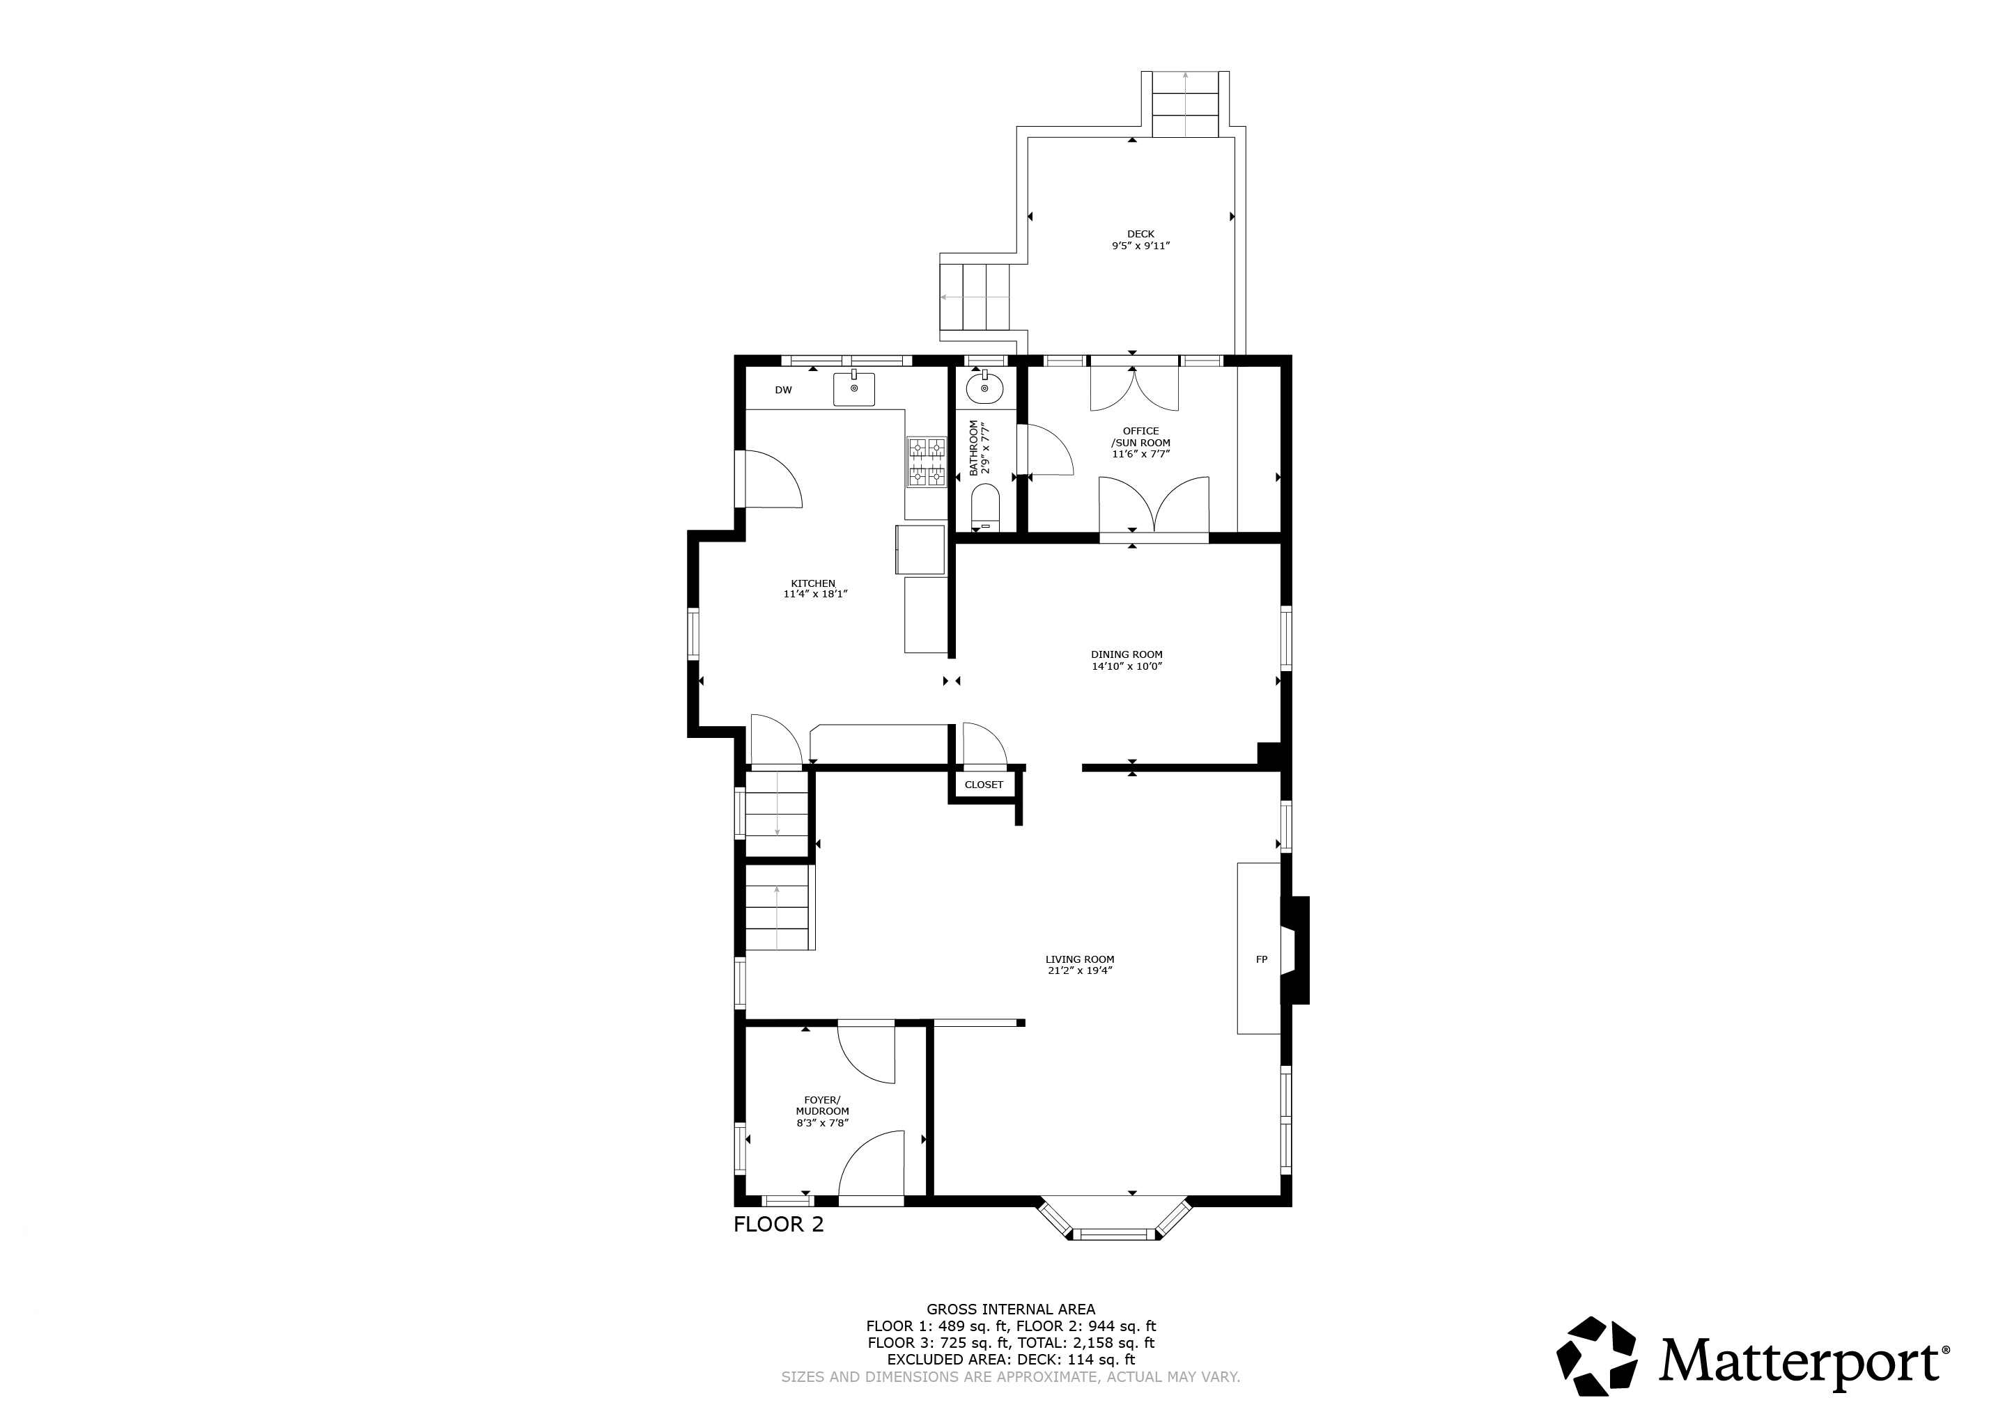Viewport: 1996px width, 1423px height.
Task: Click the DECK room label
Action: pos(1140,234)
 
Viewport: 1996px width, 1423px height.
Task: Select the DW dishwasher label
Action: pos(783,390)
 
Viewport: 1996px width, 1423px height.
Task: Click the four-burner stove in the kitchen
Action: pos(927,462)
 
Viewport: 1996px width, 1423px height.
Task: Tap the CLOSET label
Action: pos(984,784)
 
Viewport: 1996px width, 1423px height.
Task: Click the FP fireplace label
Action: pos(1262,959)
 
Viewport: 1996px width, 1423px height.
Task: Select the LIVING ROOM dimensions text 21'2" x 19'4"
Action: pos(1080,971)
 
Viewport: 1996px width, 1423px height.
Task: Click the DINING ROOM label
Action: pos(1127,654)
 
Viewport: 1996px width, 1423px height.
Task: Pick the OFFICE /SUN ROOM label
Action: pos(1140,437)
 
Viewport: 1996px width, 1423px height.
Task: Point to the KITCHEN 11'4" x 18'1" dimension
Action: pos(815,594)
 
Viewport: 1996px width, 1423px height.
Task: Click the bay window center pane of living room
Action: pos(1115,1234)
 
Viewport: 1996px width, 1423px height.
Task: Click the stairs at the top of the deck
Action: pos(1185,104)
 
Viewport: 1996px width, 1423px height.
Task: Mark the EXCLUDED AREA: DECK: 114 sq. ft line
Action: pos(1011,1359)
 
